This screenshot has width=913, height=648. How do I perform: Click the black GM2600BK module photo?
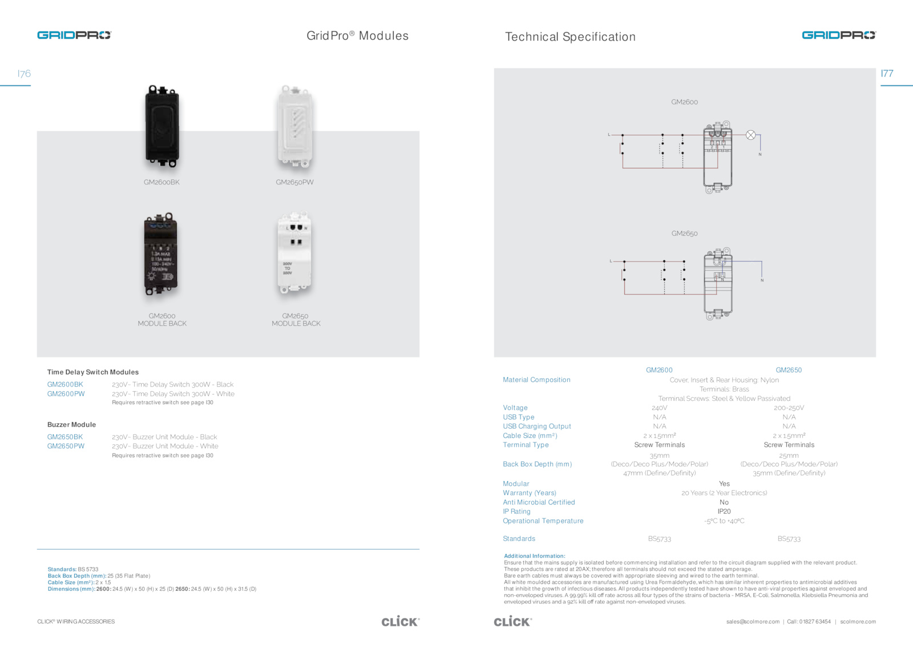pyautogui.click(x=163, y=126)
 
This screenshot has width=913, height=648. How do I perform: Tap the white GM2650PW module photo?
pyautogui.click(x=295, y=126)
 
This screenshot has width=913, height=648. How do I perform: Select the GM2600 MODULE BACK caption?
pyautogui.click(x=162, y=320)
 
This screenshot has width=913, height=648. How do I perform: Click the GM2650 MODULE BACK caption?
pyautogui.click(x=296, y=320)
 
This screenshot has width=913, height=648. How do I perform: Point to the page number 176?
pyautogui.click(x=24, y=74)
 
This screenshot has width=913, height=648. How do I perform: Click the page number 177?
pyautogui.click(x=887, y=74)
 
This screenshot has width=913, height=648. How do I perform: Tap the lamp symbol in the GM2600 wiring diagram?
pyautogui.click(x=751, y=135)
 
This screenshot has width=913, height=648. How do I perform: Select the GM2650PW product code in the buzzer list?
pyautogui.click(x=66, y=446)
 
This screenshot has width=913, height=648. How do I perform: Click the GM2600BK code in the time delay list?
pyautogui.click(x=65, y=385)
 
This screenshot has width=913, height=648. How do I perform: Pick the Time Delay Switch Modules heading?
pyautogui.click(x=93, y=372)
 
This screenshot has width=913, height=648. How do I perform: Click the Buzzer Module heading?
pyautogui.click(x=71, y=425)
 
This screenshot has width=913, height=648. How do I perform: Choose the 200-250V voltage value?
pyautogui.click(x=789, y=408)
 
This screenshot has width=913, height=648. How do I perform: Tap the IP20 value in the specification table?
pyautogui.click(x=724, y=512)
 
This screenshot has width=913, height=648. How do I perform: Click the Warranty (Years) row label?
pyautogui.click(x=529, y=493)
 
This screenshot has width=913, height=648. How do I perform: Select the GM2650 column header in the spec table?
pyautogui.click(x=789, y=371)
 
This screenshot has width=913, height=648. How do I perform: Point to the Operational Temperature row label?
pyautogui.click(x=543, y=521)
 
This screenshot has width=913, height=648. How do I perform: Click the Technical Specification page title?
pyautogui.click(x=570, y=37)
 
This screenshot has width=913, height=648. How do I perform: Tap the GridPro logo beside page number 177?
pyautogui.click(x=838, y=35)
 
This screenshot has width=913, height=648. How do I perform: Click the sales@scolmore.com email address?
pyautogui.click(x=753, y=622)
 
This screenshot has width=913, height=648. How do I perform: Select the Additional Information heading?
pyautogui.click(x=534, y=556)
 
